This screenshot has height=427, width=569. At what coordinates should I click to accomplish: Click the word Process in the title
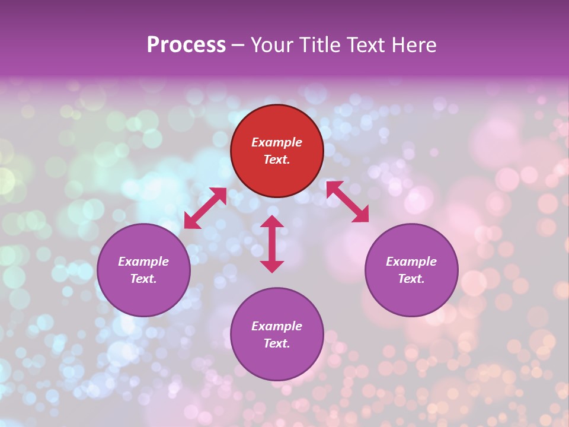(186, 45)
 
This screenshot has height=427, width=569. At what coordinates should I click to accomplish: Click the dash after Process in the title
(238, 46)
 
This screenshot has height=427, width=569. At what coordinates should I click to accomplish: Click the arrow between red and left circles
(206, 208)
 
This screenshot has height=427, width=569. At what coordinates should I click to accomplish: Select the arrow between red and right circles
(347, 202)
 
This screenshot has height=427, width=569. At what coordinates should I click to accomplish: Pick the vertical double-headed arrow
(272, 244)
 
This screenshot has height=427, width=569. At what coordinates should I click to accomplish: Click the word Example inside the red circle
(277, 142)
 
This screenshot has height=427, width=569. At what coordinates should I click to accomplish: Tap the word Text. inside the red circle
(277, 160)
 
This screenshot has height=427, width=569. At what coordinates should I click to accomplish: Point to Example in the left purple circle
(143, 262)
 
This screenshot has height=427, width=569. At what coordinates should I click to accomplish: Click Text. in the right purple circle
(411, 279)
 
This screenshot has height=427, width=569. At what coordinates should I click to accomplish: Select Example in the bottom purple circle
(277, 326)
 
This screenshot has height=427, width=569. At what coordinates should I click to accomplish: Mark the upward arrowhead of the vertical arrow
(272, 222)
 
